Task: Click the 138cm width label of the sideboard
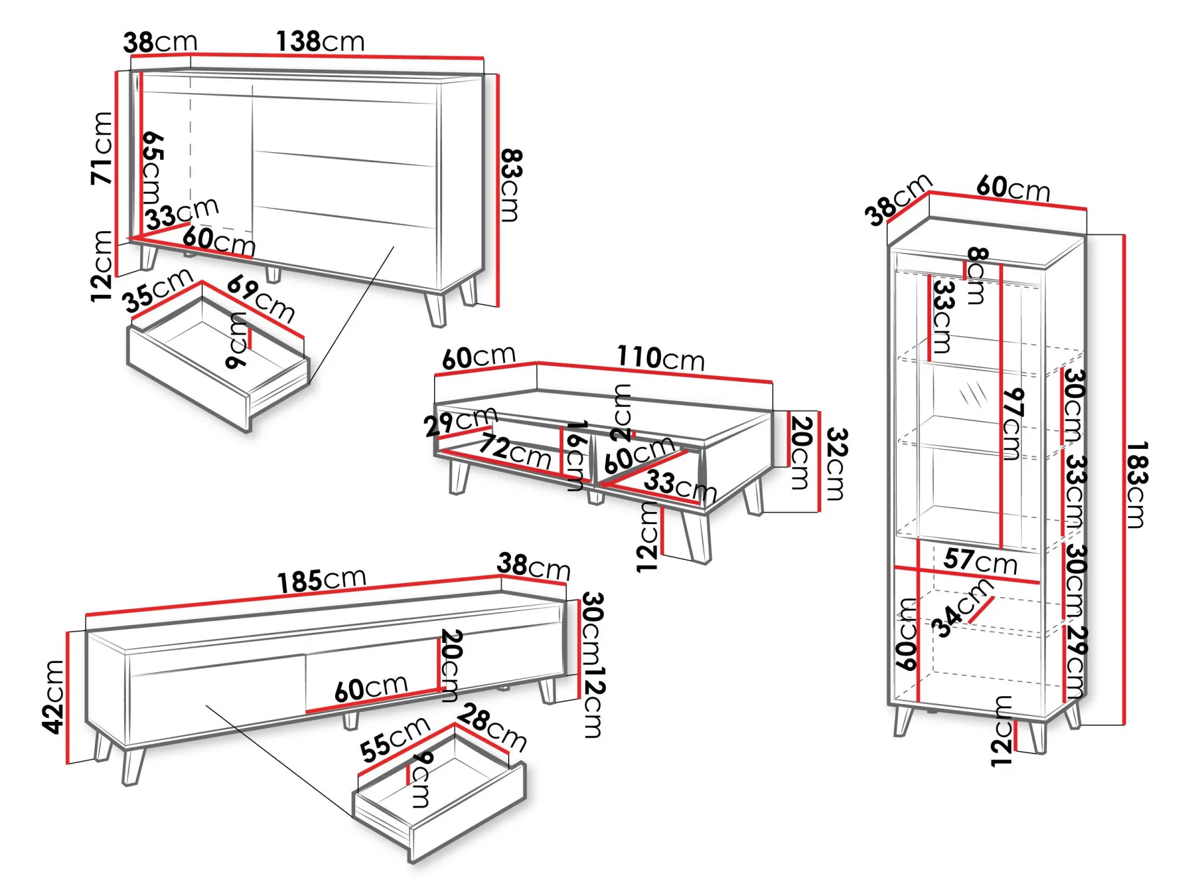pos(320,42)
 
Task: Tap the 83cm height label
pos(511,185)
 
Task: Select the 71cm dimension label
pos(102,148)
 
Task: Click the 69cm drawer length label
pos(261,299)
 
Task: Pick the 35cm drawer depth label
pos(158,290)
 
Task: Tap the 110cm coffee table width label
pos(661,358)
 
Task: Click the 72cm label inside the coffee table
pos(515,451)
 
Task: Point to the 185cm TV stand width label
pos(322,580)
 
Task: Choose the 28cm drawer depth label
pos(492,728)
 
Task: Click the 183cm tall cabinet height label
pos(1136,484)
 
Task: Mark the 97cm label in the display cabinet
pos(1012,424)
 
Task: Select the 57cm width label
pos(980,560)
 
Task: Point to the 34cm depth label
pos(961,608)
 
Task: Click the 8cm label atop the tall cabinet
pos(976,276)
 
